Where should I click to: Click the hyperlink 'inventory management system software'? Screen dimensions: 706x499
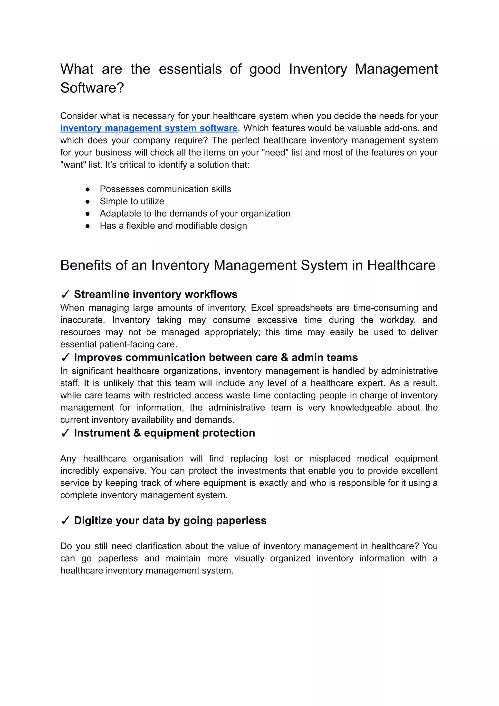149,128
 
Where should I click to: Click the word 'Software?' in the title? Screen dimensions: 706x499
92,88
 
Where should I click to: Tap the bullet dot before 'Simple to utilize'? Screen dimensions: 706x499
87,202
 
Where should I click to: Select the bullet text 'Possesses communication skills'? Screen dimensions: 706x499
165,189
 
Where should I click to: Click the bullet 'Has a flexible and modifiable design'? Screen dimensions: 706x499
173,225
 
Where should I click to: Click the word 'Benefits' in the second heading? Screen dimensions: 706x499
86,265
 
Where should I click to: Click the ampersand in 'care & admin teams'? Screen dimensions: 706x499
285,358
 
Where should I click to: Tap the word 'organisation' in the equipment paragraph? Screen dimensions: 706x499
158,459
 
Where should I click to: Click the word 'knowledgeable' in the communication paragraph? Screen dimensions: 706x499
361,408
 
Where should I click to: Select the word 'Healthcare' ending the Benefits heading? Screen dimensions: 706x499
401,265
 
